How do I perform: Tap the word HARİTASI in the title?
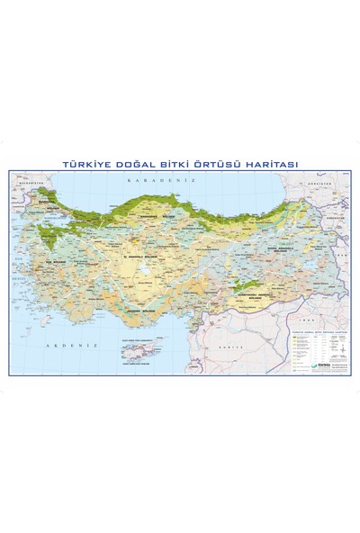[274, 164]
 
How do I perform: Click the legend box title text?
[319, 330]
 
